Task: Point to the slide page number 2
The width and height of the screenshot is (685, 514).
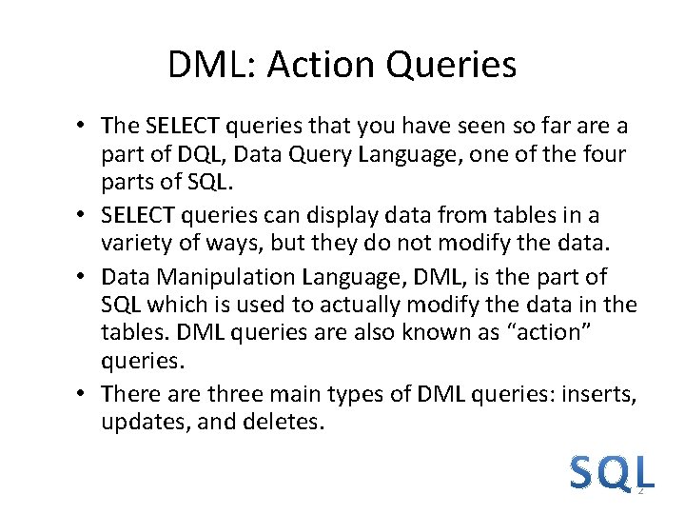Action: point(640,489)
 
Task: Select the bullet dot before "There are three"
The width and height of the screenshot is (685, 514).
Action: point(84,393)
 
